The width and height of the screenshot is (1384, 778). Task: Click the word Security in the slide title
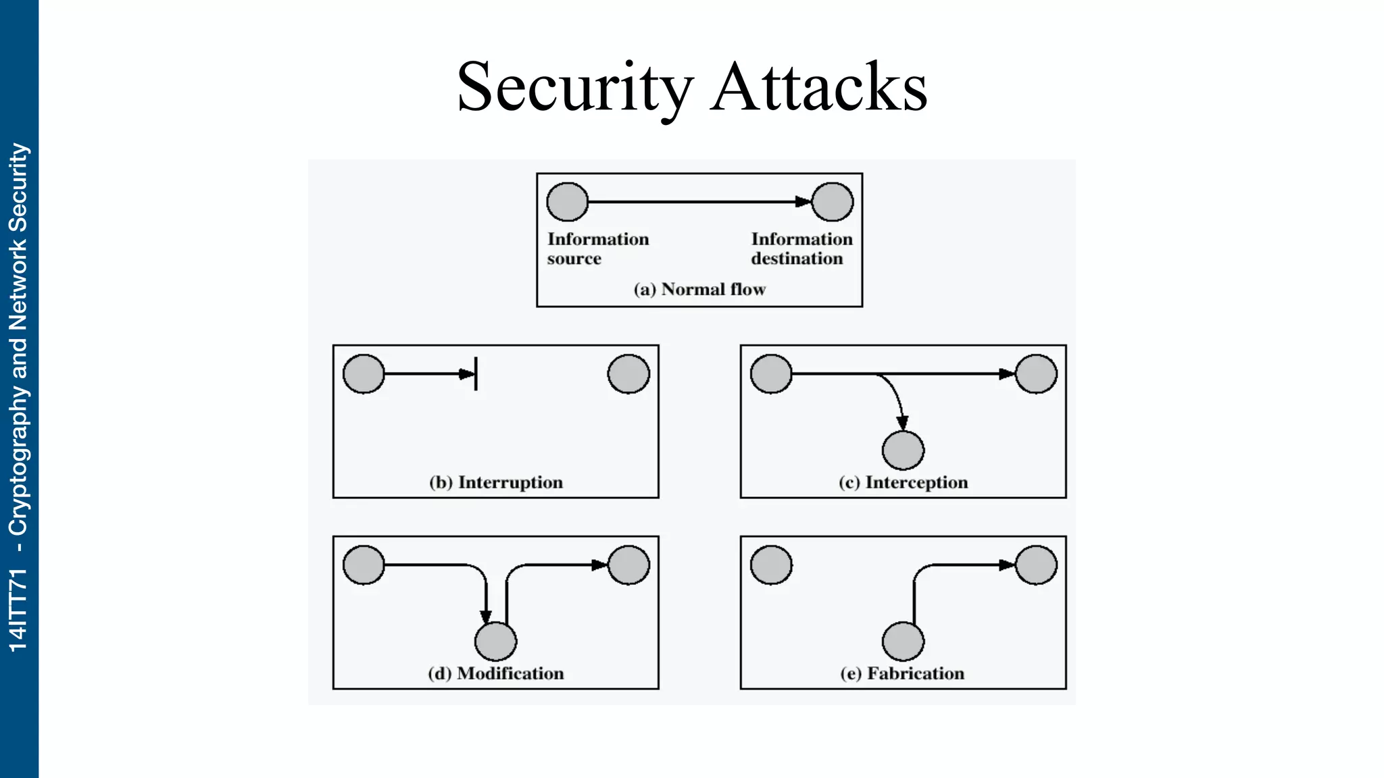575,88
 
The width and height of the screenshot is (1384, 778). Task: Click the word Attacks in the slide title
819,88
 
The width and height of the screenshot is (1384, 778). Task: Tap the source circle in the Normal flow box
567,202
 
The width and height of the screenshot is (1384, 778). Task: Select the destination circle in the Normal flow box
832,202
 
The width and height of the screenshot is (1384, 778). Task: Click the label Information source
597,249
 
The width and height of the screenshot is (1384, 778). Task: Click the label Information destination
801,249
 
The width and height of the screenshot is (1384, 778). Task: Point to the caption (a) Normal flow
699,290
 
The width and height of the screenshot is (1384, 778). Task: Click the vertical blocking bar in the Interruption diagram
476,373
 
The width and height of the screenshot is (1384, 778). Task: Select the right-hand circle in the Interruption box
628,374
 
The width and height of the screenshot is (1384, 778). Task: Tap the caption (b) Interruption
495,482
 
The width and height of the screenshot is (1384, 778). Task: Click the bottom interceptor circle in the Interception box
903,450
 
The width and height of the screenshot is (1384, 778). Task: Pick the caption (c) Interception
903,482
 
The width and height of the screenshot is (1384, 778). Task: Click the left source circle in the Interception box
771,374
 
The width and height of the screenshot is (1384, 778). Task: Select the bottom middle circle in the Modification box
495,642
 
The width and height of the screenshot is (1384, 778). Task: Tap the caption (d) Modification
495,673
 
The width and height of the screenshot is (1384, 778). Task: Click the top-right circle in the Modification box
628,565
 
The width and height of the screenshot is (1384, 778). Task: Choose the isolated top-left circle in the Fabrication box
771,565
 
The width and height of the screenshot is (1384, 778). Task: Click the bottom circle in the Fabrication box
903,642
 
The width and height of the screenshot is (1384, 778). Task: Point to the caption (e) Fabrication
902,673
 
